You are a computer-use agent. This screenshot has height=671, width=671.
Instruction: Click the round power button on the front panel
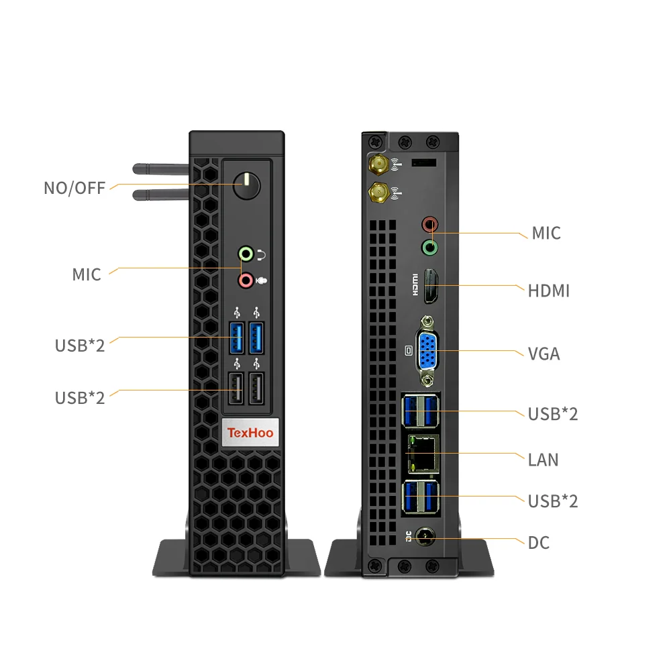pyautogui.click(x=246, y=186)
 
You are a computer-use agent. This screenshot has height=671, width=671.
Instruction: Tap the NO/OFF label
pyautogui.click(x=74, y=189)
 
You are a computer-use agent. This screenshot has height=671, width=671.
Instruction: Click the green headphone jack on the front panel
pyautogui.click(x=246, y=254)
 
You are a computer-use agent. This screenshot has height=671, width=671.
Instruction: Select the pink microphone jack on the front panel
pyautogui.click(x=246, y=280)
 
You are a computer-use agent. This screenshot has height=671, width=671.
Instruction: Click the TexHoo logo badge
pyautogui.click(x=250, y=433)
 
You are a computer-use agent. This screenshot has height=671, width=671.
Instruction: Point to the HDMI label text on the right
pyautogui.click(x=549, y=291)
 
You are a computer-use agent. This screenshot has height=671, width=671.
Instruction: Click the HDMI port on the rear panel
pyautogui.click(x=431, y=287)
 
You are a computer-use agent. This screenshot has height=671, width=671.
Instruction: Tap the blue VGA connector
pyautogui.click(x=427, y=351)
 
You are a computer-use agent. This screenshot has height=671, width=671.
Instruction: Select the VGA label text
pyautogui.click(x=544, y=354)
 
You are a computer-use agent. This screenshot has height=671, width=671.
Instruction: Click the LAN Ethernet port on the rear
pyautogui.click(x=423, y=454)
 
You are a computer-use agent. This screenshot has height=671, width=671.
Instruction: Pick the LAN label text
pyautogui.click(x=544, y=460)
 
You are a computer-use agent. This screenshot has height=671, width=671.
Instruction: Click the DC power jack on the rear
pyautogui.click(x=425, y=537)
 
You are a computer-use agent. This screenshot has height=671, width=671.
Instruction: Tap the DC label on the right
pyautogui.click(x=539, y=543)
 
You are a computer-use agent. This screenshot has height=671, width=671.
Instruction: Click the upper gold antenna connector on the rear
pyautogui.click(x=378, y=164)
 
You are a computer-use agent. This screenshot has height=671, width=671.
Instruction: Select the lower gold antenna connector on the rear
pyautogui.click(x=378, y=193)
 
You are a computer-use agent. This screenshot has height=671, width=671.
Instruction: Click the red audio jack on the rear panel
pyautogui.click(x=429, y=224)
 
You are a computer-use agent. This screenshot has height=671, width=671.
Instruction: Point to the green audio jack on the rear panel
pyautogui.click(x=429, y=248)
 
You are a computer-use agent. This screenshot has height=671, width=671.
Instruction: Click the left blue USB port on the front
pyautogui.click(x=237, y=338)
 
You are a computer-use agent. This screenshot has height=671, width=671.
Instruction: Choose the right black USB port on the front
pyautogui.click(x=256, y=389)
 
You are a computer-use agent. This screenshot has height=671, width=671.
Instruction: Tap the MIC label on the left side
pyautogui.click(x=87, y=274)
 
